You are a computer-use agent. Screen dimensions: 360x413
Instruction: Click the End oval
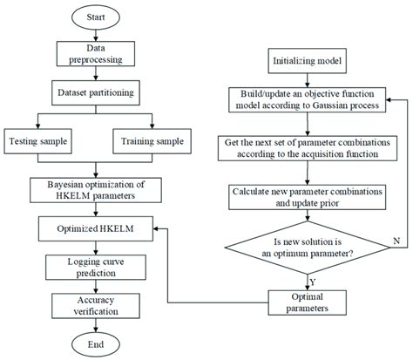(x=97, y=343)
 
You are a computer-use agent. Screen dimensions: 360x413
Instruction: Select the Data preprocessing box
(x=97, y=55)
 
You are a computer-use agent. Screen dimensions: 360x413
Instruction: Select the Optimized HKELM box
(x=97, y=231)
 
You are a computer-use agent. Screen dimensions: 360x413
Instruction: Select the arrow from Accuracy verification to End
(x=97, y=324)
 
